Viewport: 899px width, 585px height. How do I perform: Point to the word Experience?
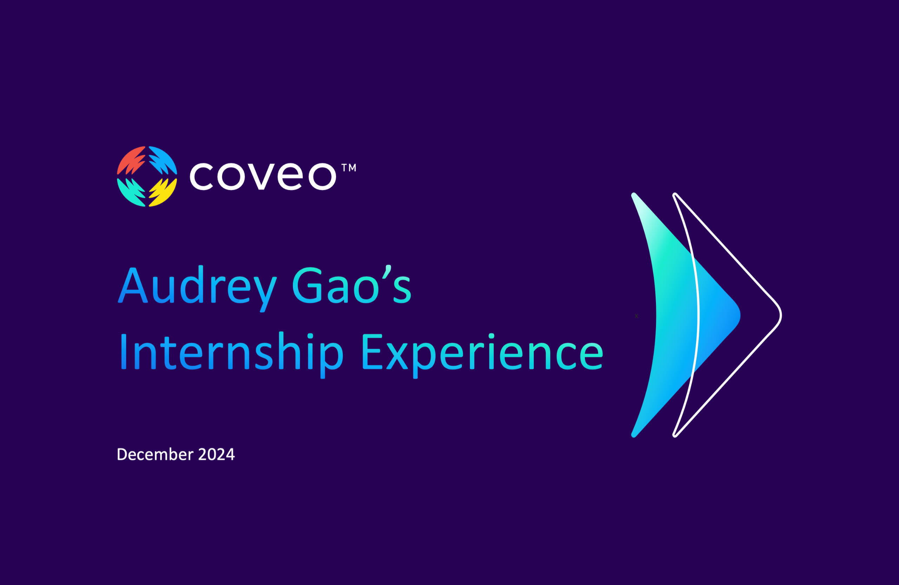483,355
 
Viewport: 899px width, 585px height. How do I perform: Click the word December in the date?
155,454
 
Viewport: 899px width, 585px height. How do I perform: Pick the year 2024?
216,454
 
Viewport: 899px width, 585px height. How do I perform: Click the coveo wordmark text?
263,176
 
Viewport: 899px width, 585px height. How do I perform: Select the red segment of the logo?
130,160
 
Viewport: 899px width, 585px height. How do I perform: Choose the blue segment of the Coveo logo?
164,160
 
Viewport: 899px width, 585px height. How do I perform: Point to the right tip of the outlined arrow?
781,315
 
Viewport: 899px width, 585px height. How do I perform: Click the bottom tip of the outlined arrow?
675,436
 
